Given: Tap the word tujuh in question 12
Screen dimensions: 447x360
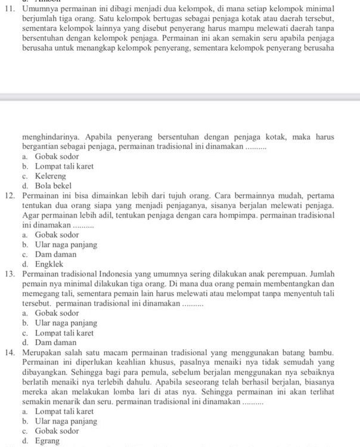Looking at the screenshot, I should (x=184, y=196).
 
